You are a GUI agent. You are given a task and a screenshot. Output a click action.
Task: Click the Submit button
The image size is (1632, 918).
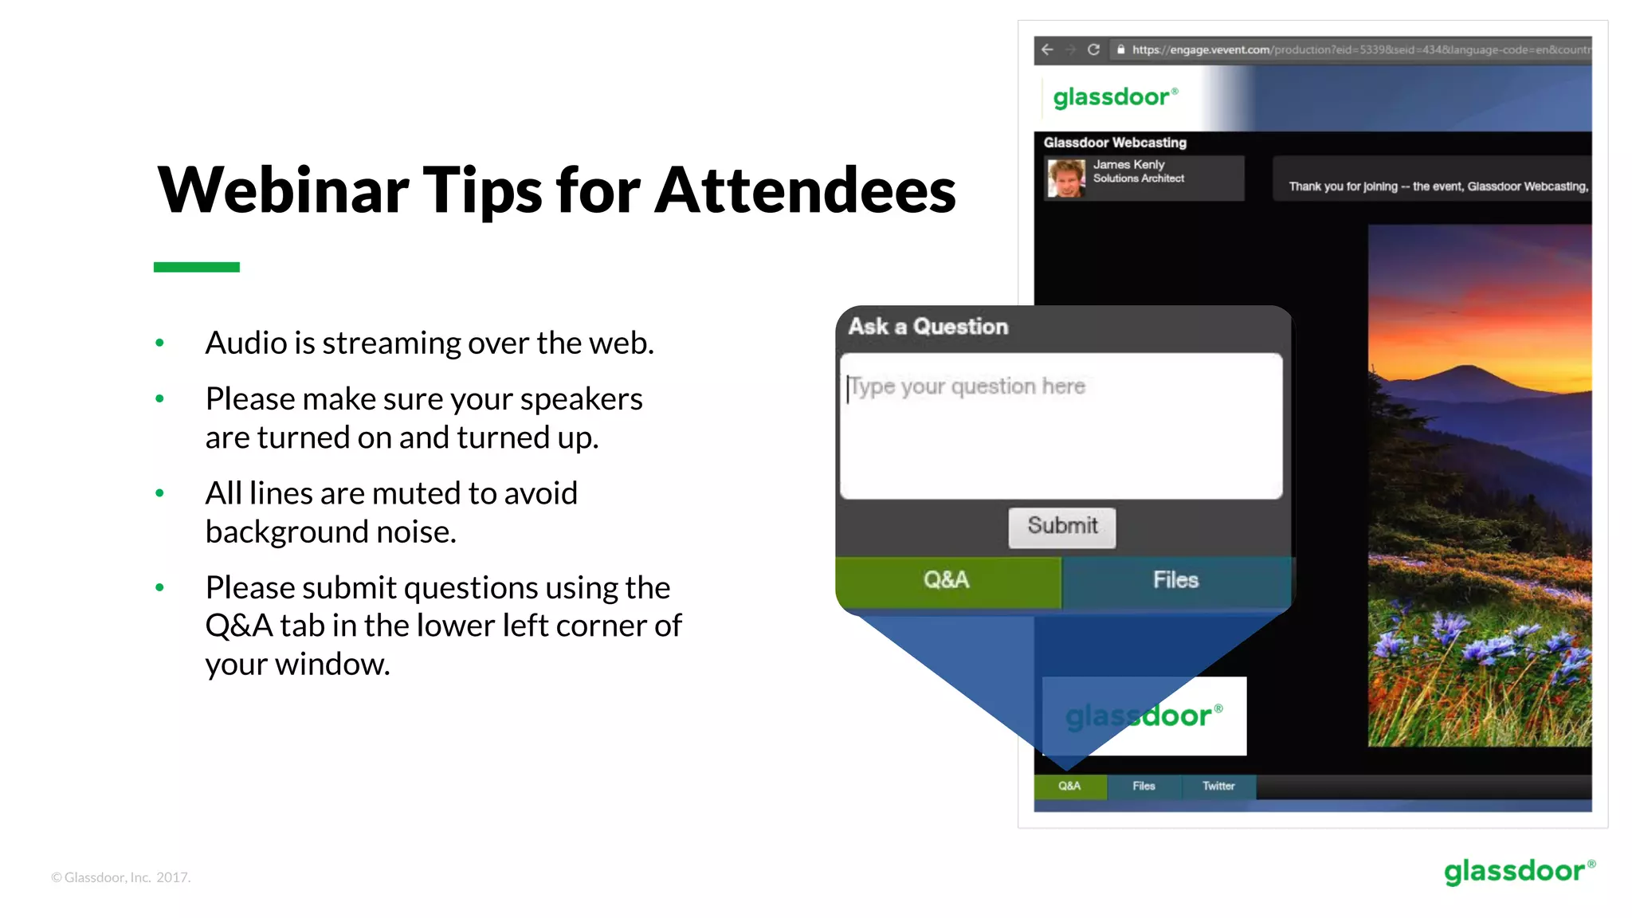click(1061, 527)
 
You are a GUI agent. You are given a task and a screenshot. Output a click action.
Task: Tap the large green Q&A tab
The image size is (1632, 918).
click(947, 580)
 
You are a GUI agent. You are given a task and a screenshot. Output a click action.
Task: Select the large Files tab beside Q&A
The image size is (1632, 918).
click(1175, 580)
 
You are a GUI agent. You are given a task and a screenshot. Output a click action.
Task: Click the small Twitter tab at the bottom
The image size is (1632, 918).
click(1218, 786)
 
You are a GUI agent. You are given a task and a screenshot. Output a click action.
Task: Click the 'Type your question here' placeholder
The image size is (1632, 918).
click(967, 386)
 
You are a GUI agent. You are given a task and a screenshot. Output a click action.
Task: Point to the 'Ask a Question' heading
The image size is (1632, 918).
click(928, 327)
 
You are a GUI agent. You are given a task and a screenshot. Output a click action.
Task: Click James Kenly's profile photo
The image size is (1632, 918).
click(1066, 178)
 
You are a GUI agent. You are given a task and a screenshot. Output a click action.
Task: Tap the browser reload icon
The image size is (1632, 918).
click(1094, 49)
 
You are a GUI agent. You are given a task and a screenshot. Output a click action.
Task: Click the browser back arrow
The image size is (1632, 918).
click(1048, 49)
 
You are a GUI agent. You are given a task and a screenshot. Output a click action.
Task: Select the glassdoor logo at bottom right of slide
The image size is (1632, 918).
click(1519, 871)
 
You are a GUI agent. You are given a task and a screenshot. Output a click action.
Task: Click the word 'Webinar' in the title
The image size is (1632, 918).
click(283, 190)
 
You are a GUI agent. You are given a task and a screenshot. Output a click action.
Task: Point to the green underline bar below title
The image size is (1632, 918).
click(197, 267)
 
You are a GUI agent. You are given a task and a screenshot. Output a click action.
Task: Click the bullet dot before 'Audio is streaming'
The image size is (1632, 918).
click(159, 343)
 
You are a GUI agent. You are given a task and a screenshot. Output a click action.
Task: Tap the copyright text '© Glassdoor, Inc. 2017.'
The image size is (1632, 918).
click(121, 877)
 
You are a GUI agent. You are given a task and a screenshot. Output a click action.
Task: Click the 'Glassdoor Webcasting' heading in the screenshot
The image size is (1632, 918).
click(1115, 143)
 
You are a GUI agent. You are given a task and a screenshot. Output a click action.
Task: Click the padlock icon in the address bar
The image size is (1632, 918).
click(1120, 49)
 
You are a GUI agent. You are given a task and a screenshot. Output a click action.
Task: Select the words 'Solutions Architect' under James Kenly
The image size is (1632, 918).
click(1138, 178)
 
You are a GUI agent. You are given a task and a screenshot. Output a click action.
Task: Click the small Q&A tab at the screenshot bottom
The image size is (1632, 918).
click(1069, 786)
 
